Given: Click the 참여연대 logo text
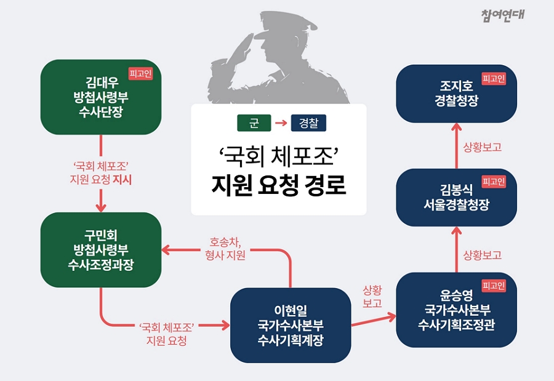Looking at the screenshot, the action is click(502, 15).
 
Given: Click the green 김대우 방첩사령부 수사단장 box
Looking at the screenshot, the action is click(101, 97).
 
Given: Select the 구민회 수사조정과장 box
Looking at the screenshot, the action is click(101, 249).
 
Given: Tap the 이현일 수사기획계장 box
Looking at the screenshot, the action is click(291, 325).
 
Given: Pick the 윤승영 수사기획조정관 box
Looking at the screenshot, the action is click(457, 310).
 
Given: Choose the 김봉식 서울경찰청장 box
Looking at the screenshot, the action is click(457, 197).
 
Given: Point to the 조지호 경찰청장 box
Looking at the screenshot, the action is click(457, 94).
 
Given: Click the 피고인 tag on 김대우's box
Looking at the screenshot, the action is click(140, 73).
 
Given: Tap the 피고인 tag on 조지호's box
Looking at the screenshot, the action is click(494, 78).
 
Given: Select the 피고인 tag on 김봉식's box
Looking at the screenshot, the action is click(494, 182).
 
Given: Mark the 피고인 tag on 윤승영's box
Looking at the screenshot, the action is click(494, 286).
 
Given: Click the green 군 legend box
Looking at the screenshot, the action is click(254, 123).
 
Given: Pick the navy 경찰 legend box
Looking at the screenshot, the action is click(308, 123).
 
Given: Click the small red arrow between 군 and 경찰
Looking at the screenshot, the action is click(281, 123).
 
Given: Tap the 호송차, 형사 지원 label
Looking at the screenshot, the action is click(225, 249).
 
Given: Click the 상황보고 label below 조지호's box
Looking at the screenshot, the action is click(482, 147).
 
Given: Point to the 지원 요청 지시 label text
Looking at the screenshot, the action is click(101, 180).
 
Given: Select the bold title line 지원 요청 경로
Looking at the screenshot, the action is click(278, 185).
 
